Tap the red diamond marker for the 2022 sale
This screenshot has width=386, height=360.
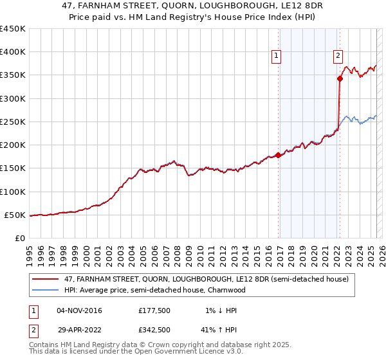(x=340, y=78)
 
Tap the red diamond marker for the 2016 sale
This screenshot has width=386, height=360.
(x=278, y=155)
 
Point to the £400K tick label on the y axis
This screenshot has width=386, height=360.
(x=13, y=52)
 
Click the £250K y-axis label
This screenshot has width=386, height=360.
(x=13, y=122)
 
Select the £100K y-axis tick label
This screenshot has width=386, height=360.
(x=13, y=192)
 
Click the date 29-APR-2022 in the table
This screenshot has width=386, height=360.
(x=79, y=330)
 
